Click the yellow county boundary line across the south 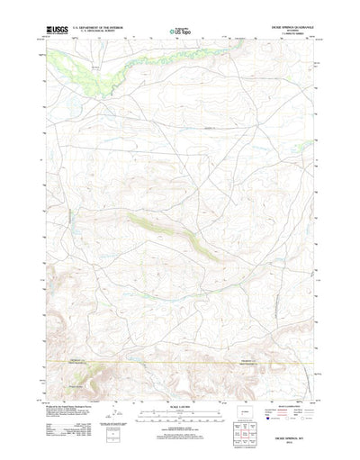point(180,338)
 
